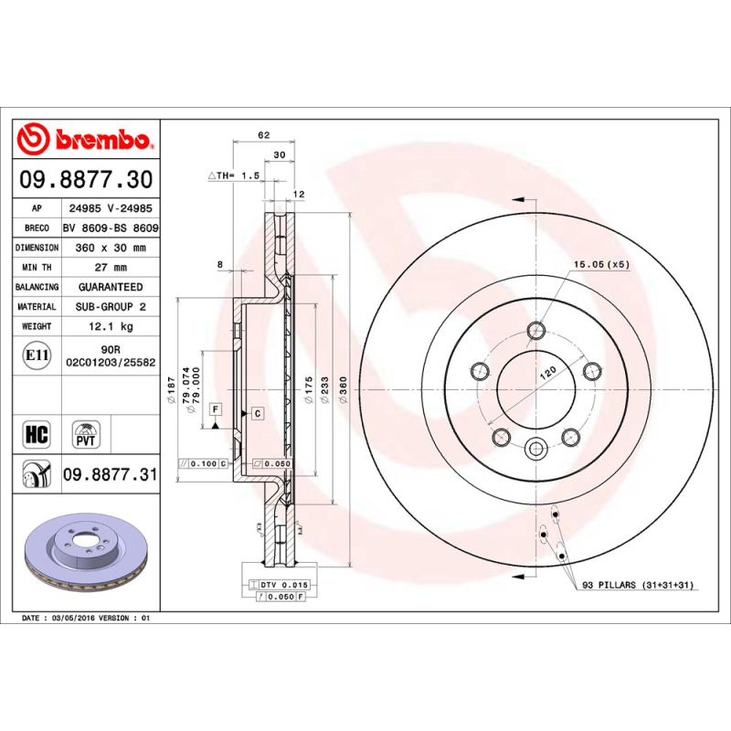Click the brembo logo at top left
coord(85,139)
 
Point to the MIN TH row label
coord(37,268)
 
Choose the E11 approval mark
coord(37,355)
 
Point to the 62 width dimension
coord(264,135)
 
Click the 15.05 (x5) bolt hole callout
coord(601,264)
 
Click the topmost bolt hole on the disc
coord(536,330)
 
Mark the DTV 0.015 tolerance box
coord(279,583)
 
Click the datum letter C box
coord(257,414)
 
